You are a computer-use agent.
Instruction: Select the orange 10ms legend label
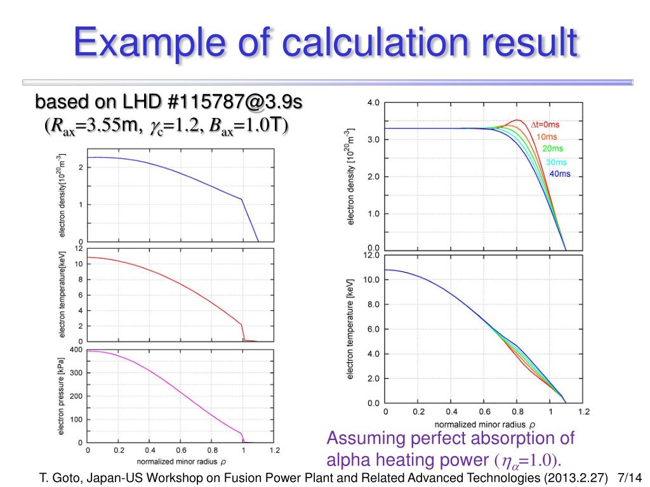(547, 136)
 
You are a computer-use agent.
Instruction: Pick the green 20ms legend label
(552, 148)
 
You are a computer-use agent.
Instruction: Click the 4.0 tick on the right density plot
(373, 102)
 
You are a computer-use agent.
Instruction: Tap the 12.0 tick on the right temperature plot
(371, 255)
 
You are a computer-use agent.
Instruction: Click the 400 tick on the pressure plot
(76, 350)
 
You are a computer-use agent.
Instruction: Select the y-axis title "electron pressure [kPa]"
(62, 394)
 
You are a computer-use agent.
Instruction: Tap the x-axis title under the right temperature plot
(485, 424)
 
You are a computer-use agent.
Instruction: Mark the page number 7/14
(630, 477)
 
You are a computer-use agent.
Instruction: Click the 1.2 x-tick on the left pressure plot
(274, 451)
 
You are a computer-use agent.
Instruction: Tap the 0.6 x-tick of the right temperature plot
(485, 412)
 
